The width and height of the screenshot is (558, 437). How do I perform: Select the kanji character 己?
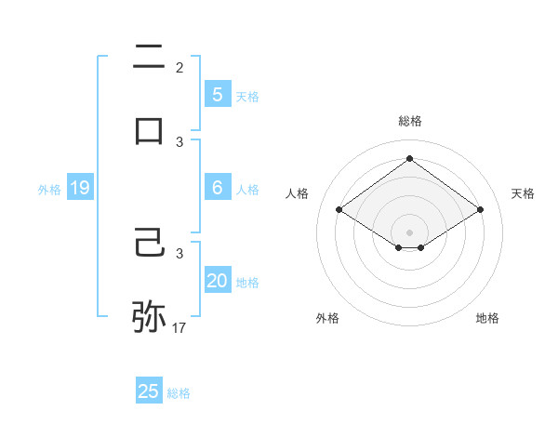click(149, 245)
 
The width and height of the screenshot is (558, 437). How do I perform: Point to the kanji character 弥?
click(149, 316)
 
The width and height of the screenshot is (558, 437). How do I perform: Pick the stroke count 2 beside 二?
click(179, 67)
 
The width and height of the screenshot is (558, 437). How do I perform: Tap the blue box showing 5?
click(217, 94)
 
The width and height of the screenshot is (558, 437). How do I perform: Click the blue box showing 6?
click(217, 188)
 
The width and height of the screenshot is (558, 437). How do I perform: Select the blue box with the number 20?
click(217, 281)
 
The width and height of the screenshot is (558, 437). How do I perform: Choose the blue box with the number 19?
click(79, 189)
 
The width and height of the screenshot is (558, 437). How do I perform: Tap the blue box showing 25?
click(149, 391)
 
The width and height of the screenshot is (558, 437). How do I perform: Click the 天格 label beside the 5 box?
click(247, 97)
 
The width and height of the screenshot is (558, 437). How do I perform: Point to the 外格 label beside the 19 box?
click(49, 190)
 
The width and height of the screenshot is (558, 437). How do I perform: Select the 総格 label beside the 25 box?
click(179, 393)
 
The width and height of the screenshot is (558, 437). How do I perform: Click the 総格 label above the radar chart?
click(409, 121)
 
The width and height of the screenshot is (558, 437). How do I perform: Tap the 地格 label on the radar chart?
click(487, 318)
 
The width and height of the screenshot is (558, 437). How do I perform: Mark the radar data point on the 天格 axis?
click(480, 210)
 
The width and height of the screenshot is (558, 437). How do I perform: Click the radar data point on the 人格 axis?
click(339, 210)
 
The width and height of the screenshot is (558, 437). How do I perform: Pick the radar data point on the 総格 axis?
click(409, 158)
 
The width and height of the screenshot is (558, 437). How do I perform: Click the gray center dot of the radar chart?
click(409, 231)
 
